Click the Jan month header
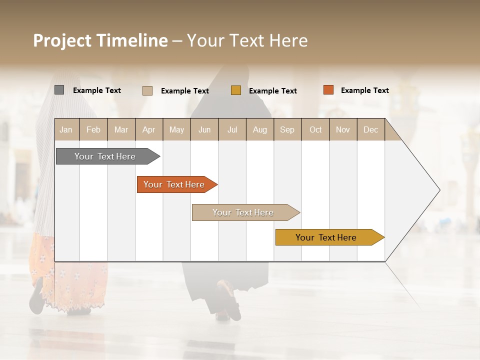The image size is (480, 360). (66, 129)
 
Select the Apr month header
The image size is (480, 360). (149, 129)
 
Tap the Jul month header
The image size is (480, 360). (232, 129)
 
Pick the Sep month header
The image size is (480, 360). (287, 129)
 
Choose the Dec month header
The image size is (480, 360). (370, 129)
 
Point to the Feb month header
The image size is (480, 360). (93, 129)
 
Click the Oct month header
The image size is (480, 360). (315, 129)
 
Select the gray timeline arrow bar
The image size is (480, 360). (105, 156)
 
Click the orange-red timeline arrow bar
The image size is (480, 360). (174, 184)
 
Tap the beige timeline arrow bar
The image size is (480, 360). (243, 212)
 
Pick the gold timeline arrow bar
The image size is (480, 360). (326, 237)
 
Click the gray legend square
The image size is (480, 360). (59, 90)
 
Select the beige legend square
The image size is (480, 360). (147, 90)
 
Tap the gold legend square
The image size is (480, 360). (236, 90)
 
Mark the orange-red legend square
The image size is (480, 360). (328, 90)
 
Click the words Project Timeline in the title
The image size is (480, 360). (100, 40)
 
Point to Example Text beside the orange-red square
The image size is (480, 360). (364, 90)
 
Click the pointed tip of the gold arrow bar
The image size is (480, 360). (382, 237)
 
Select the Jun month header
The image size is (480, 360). (204, 129)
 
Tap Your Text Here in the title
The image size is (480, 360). (247, 40)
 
